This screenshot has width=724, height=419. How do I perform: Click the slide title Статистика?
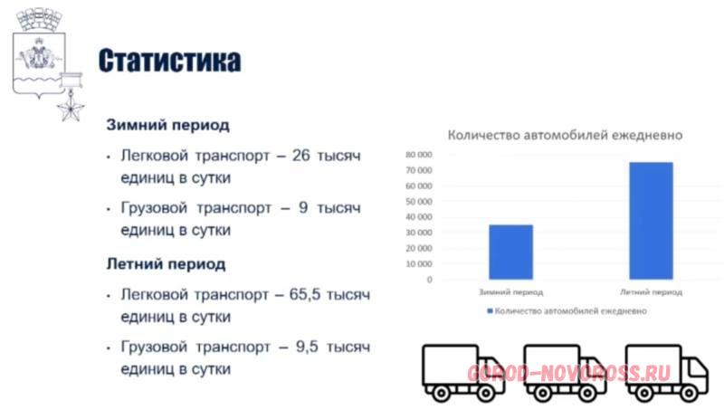pos(169,61)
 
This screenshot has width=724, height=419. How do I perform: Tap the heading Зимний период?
pos(167,125)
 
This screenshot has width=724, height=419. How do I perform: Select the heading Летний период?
pos(166,263)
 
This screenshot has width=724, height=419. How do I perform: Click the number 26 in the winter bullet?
pos(301,156)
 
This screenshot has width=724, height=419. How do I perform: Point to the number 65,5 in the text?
pos(305,294)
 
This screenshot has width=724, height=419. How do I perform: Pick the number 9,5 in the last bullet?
pos(307,347)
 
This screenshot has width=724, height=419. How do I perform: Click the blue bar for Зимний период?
pos(510,252)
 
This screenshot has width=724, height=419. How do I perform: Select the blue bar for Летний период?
pos(651,221)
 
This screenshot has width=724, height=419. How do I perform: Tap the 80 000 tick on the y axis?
pos(419,155)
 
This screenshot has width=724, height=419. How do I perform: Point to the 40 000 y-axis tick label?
pos(419,216)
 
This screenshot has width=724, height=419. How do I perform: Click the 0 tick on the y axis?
pos(429,280)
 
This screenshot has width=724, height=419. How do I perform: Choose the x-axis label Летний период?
pos(651,292)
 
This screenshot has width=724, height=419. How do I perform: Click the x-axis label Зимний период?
pos(510,292)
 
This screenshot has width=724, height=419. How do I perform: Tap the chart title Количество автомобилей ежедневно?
pos(565,136)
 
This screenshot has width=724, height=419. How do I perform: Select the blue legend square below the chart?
pos(490,311)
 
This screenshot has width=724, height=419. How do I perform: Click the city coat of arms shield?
pos(39,64)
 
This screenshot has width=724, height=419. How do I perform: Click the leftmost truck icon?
pos(463,373)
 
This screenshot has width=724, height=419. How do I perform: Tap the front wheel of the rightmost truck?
pos(689,394)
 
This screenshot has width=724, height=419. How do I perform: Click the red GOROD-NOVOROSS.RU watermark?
pos(568,374)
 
